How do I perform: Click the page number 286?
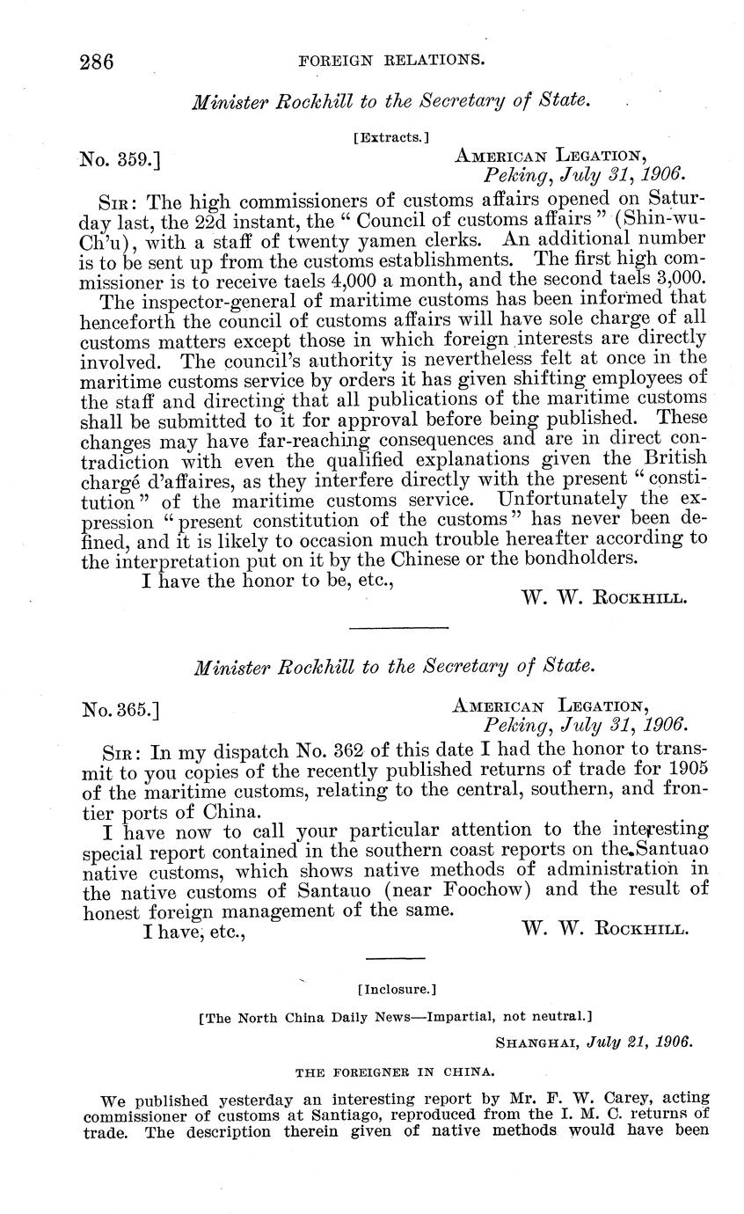[x=98, y=62]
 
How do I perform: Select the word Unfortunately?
[x=573, y=498]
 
